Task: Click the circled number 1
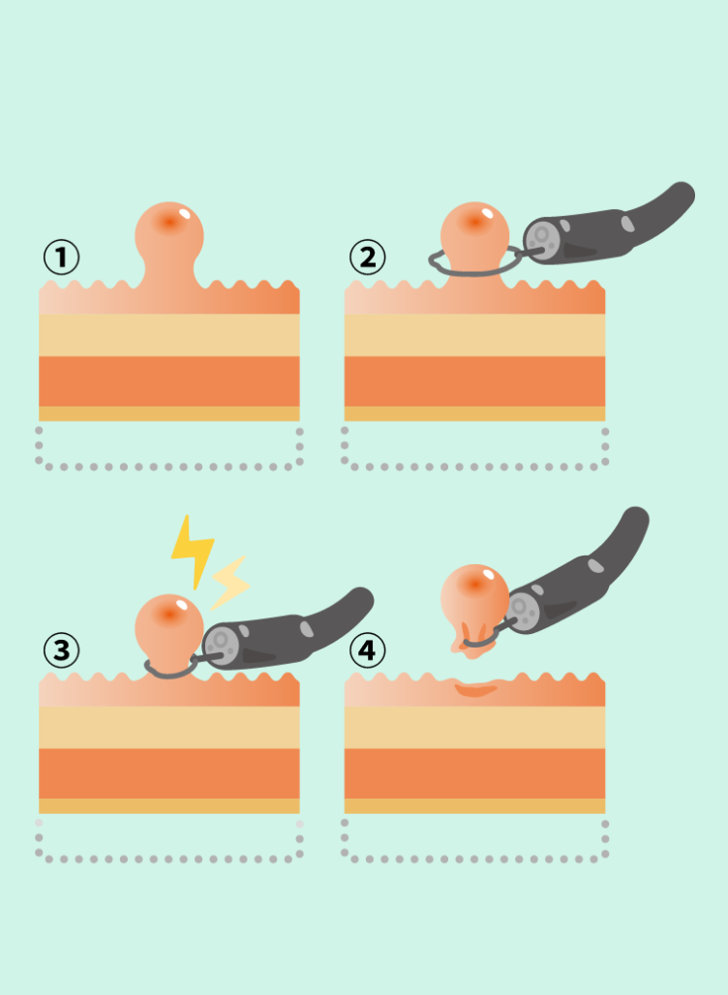click(x=62, y=257)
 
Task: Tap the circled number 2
click(x=368, y=257)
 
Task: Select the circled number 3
click(x=62, y=649)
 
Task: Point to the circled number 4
click(x=368, y=649)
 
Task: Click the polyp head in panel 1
click(x=169, y=233)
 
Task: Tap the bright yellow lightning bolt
click(x=192, y=551)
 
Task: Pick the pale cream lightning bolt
click(x=229, y=583)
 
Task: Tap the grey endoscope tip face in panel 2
click(x=541, y=240)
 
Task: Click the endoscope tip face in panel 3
click(x=221, y=644)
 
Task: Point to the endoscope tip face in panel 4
click(x=523, y=612)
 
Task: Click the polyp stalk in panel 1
click(x=169, y=273)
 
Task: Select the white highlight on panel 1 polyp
click(x=184, y=213)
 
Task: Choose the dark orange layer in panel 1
click(x=169, y=380)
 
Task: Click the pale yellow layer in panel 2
click(x=474, y=335)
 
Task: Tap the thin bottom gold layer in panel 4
click(x=474, y=806)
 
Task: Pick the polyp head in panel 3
click(x=169, y=626)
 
